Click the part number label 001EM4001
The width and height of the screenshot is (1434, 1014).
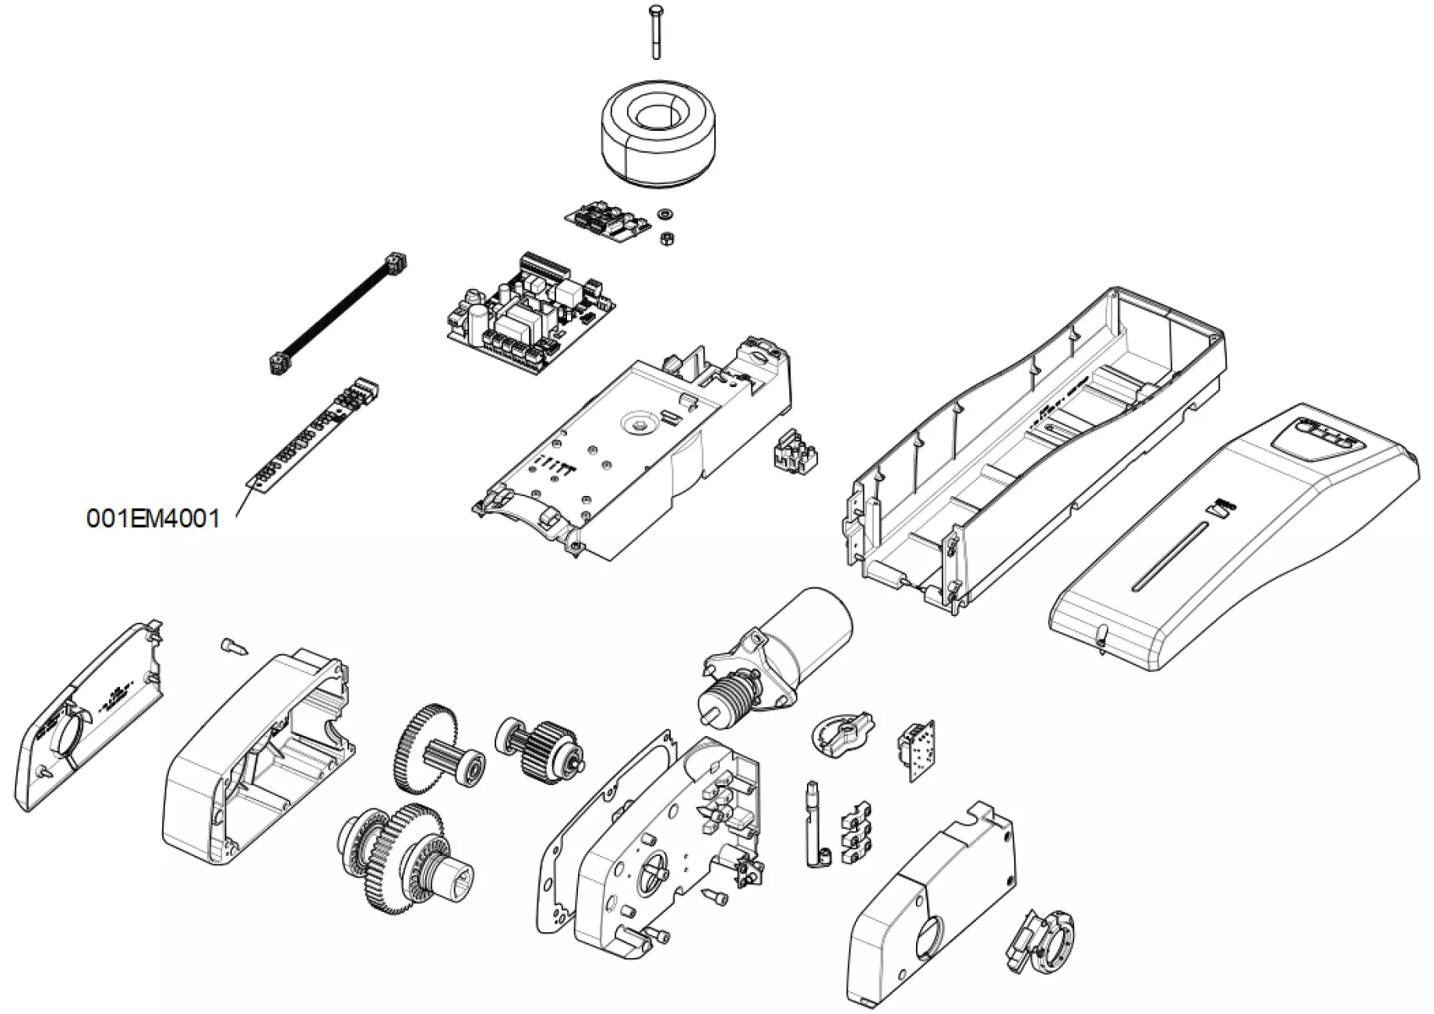[x=153, y=519]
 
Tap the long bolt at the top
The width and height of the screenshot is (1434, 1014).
[x=655, y=31]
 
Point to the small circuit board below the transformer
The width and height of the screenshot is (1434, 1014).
[x=608, y=220]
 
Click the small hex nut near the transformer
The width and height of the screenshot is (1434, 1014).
[x=666, y=238]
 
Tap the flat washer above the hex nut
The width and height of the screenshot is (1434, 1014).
[x=666, y=213]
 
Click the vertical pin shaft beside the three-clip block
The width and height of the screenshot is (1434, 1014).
[x=811, y=826]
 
